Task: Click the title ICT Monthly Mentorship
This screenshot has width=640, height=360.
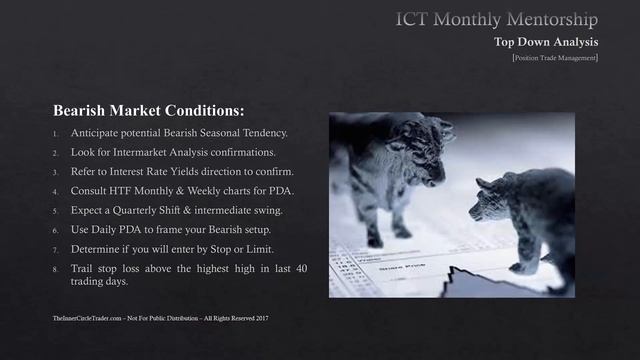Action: [x=496, y=19]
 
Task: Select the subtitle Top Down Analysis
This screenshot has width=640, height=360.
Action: [x=546, y=42]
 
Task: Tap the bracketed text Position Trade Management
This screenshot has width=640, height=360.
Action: [x=554, y=58]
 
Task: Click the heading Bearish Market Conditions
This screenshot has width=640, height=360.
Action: [x=148, y=109]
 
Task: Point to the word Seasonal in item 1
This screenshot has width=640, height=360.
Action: [x=219, y=133]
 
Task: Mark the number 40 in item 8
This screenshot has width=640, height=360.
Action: [x=301, y=268]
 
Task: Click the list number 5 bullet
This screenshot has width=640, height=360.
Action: [x=56, y=211]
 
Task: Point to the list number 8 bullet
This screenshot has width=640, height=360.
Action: [x=56, y=269]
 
